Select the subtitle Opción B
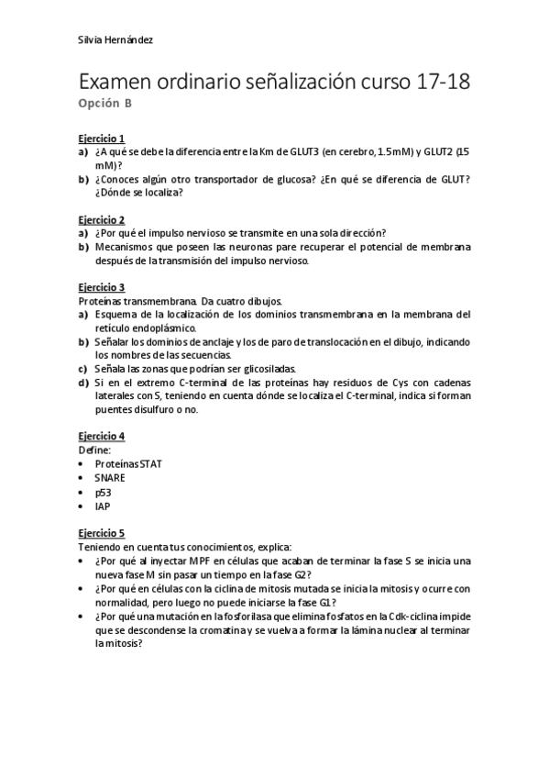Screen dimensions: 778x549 coord(104,103)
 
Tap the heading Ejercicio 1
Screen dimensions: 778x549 coord(101,138)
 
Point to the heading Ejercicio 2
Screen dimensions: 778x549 coord(101,220)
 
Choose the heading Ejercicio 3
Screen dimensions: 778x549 coord(101,287)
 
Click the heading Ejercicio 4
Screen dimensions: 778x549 coord(101,436)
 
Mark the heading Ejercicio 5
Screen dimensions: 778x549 coord(101,533)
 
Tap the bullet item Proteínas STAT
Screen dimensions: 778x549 coord(128,463)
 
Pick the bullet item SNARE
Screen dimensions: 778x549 coord(110,477)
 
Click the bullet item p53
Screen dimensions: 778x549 coord(103,492)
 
